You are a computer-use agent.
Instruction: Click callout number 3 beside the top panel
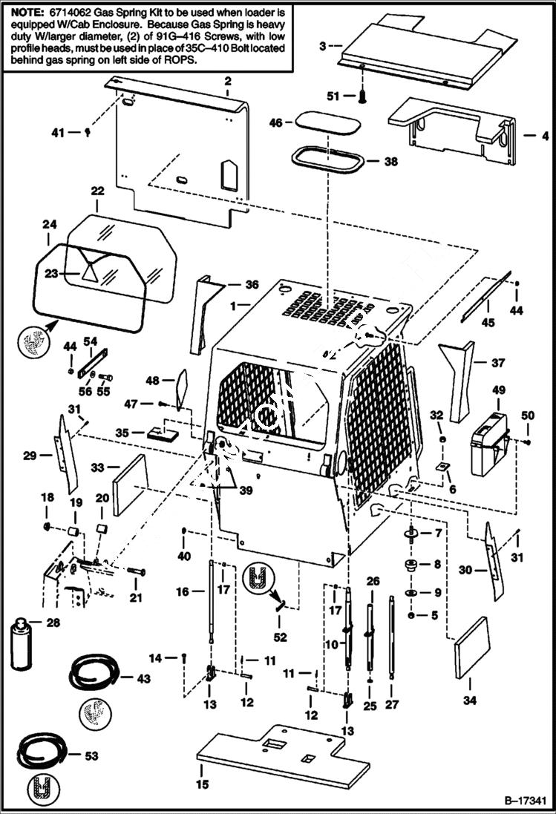322,46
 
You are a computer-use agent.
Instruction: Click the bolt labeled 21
136,572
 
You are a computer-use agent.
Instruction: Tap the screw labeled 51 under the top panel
363,96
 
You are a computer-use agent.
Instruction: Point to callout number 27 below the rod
393,704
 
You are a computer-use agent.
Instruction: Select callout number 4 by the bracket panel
525,136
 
